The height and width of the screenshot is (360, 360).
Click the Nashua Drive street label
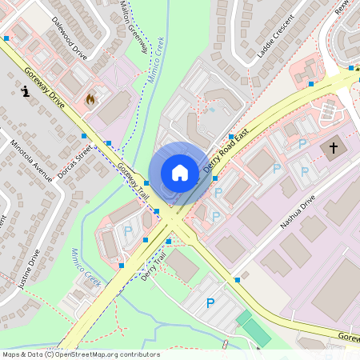298,210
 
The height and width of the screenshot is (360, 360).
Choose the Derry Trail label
153,266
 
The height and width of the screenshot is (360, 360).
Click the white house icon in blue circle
180,172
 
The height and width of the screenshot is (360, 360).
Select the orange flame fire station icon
90,99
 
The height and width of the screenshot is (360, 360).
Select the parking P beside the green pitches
210,303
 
